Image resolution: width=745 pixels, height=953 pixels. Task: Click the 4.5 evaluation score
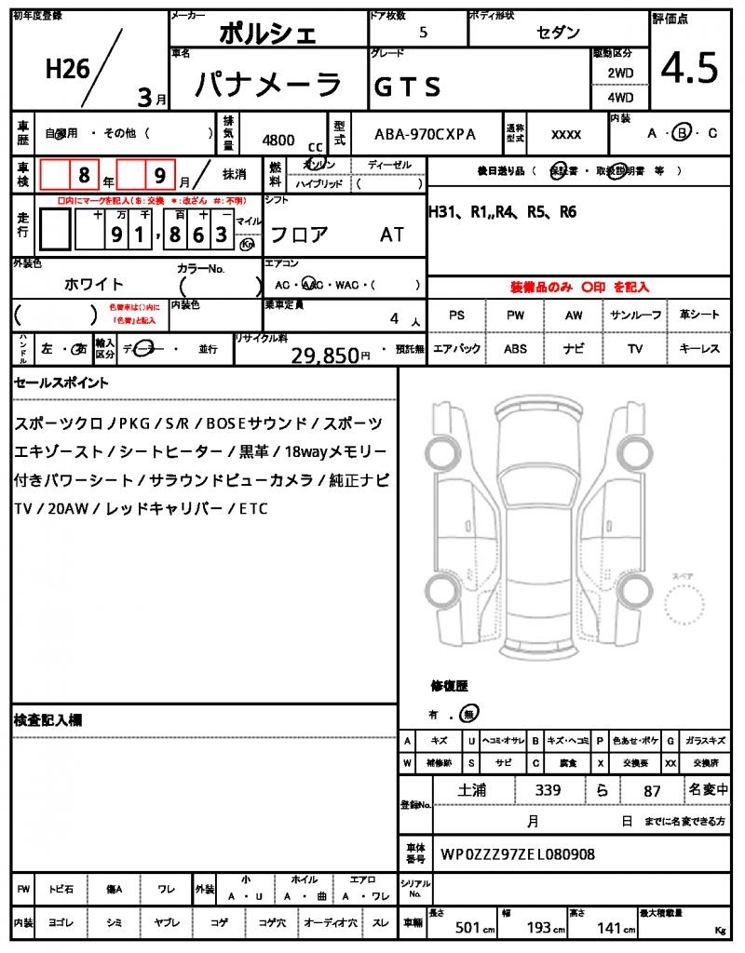click(689, 67)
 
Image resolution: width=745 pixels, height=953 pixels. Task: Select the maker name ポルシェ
click(268, 34)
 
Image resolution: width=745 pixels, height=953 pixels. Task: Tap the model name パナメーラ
click(268, 85)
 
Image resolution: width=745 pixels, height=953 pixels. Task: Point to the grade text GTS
click(407, 87)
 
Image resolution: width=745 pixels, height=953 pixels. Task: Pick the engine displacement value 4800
click(278, 140)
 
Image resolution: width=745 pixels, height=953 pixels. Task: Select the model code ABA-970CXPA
click(425, 134)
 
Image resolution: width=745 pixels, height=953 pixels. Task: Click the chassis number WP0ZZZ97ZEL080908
click(518, 853)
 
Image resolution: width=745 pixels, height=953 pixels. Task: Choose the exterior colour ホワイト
click(94, 284)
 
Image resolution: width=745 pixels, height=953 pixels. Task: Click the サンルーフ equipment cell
click(637, 315)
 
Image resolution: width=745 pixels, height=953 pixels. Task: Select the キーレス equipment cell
click(699, 349)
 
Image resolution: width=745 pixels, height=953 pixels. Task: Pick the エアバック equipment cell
click(456, 349)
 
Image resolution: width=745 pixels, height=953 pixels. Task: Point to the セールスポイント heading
click(61, 383)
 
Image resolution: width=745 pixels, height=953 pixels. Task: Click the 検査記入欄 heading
click(48, 719)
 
